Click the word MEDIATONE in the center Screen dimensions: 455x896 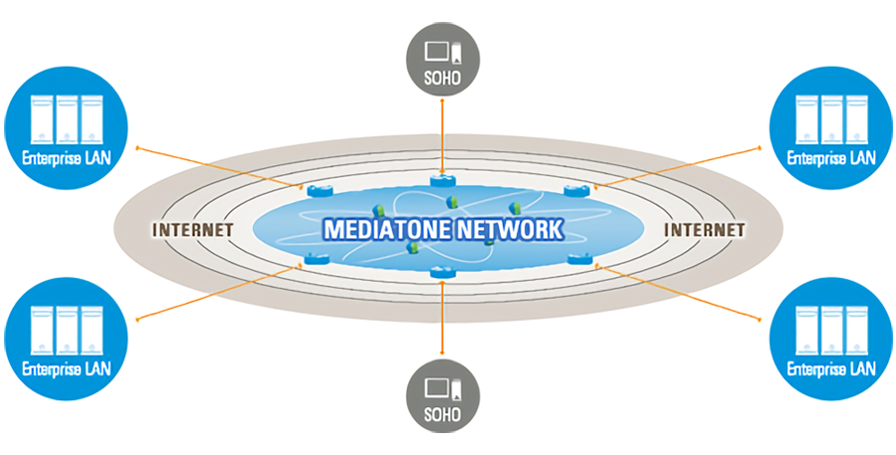coord(382,229)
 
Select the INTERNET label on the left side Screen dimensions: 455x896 coord(192,229)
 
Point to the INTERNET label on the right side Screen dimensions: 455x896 coord(704,229)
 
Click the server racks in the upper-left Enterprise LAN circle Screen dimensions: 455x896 coord(67,120)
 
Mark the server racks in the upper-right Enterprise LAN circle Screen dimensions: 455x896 coord(831,120)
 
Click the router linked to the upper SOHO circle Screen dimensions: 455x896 coord(441,180)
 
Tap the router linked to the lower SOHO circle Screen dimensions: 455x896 coord(439,272)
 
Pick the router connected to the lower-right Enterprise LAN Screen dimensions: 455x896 coord(579,260)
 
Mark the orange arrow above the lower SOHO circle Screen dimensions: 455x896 coord(440,319)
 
